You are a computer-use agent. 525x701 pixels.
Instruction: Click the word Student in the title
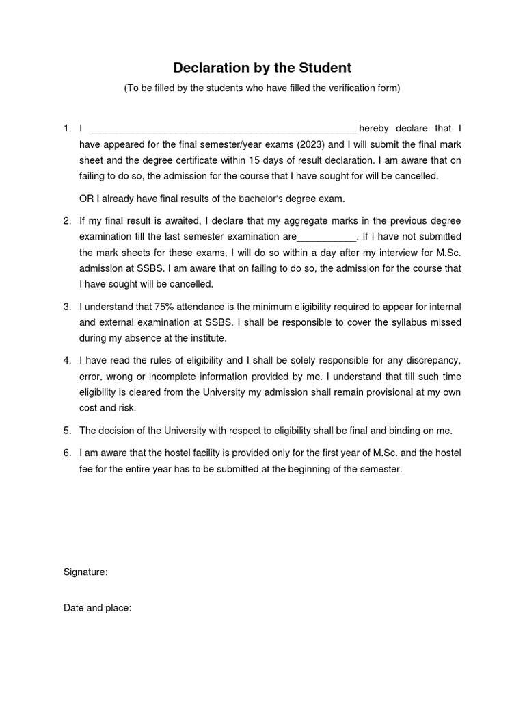(324, 68)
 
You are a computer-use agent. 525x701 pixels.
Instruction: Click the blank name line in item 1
(224, 129)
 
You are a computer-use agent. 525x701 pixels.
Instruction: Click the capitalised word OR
(86, 199)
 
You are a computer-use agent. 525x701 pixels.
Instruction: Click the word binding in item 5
(387, 431)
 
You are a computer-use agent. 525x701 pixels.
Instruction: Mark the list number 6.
(67, 453)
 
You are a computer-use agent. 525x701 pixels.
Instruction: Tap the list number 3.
(67, 306)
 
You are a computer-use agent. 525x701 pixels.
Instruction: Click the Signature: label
(85, 572)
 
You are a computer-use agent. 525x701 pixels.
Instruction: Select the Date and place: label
(97, 607)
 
